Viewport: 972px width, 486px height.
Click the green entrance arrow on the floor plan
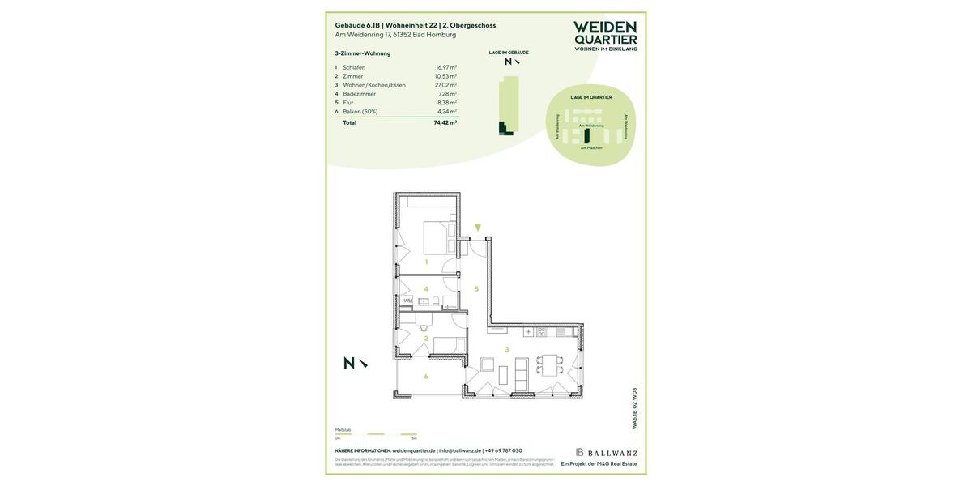click(x=478, y=228)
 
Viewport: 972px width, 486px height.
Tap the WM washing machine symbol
click(x=407, y=301)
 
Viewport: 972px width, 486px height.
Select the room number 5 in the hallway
click(x=476, y=289)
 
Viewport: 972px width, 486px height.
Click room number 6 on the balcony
click(x=426, y=377)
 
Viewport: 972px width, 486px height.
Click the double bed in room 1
click(x=440, y=237)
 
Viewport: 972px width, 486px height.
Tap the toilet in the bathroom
click(x=436, y=302)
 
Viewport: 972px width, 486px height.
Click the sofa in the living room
click(x=522, y=373)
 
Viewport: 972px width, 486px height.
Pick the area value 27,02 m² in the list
click(x=446, y=85)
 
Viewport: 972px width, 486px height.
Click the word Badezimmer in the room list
click(x=359, y=94)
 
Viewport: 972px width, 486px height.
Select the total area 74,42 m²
click(x=445, y=123)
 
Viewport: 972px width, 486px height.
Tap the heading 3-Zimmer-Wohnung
click(x=363, y=53)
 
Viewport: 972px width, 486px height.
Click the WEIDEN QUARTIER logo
click(x=605, y=36)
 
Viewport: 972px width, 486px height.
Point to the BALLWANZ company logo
click(x=607, y=453)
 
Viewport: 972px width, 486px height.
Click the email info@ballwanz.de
click(x=459, y=451)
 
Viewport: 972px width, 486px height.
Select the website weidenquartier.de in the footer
click(x=413, y=451)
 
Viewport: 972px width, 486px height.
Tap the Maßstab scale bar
click(x=376, y=434)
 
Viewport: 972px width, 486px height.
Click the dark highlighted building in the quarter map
click(x=587, y=136)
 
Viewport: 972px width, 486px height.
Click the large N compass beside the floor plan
click(x=349, y=364)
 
